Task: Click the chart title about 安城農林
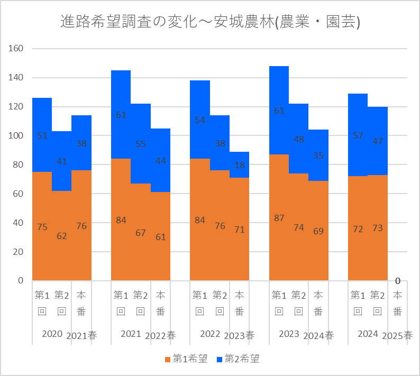210,23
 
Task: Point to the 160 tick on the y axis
17,49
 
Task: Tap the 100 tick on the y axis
17,136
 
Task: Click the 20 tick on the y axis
19,252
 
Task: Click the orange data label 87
279,218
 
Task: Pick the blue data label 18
239,165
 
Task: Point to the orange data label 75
42,227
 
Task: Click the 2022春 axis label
160,335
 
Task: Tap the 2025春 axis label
397,335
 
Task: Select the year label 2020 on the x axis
52,334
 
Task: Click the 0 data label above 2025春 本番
397,281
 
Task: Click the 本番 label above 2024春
318,303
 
